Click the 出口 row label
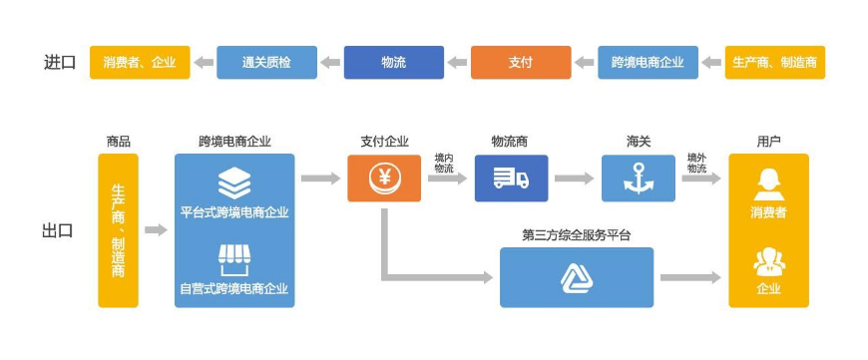(x=58, y=230)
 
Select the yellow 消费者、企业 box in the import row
(x=140, y=62)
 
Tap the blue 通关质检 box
(x=266, y=62)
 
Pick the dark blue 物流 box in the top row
(x=393, y=62)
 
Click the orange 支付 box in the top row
(x=520, y=62)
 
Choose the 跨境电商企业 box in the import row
(x=648, y=62)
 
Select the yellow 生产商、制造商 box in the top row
(x=774, y=62)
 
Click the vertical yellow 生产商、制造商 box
(x=118, y=230)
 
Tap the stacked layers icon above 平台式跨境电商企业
(x=234, y=184)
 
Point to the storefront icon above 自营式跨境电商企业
(x=234, y=260)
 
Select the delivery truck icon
(x=510, y=179)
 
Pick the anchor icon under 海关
(x=638, y=179)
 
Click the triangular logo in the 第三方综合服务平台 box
(x=576, y=277)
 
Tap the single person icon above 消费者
(x=767, y=182)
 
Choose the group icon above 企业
(x=767, y=261)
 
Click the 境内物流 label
(x=444, y=164)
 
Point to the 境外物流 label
(x=696, y=164)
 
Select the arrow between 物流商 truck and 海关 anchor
(x=574, y=179)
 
